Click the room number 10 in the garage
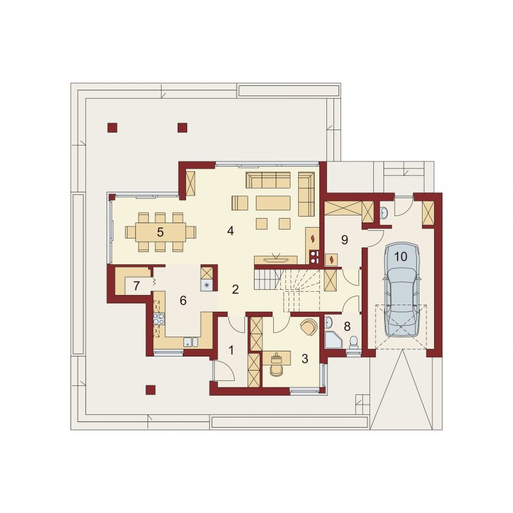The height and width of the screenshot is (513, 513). click(400, 256)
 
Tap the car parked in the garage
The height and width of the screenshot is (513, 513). click(401, 289)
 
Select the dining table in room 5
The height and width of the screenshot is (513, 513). click(161, 232)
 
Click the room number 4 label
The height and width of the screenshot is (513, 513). click(231, 231)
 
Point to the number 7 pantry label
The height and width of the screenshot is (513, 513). click(137, 285)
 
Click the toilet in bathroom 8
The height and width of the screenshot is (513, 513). click(353, 343)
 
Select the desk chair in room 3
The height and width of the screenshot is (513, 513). click(278, 370)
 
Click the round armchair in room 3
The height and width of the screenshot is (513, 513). click(308, 327)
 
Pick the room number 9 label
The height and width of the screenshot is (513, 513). click(344, 240)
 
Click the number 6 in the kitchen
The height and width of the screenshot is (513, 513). click(183, 300)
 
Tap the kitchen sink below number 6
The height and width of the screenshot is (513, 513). click(190, 342)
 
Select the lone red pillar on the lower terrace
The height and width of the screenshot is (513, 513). click(151, 390)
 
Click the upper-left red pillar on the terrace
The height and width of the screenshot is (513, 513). click(112, 128)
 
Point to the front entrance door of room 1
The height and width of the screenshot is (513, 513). click(223, 370)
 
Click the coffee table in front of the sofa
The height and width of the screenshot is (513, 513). click(273, 203)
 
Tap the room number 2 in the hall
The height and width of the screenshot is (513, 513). click(235, 290)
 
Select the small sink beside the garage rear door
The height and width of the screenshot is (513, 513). click(383, 214)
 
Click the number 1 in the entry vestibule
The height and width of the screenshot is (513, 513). click(231, 350)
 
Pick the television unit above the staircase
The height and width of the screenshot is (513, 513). click(276, 260)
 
